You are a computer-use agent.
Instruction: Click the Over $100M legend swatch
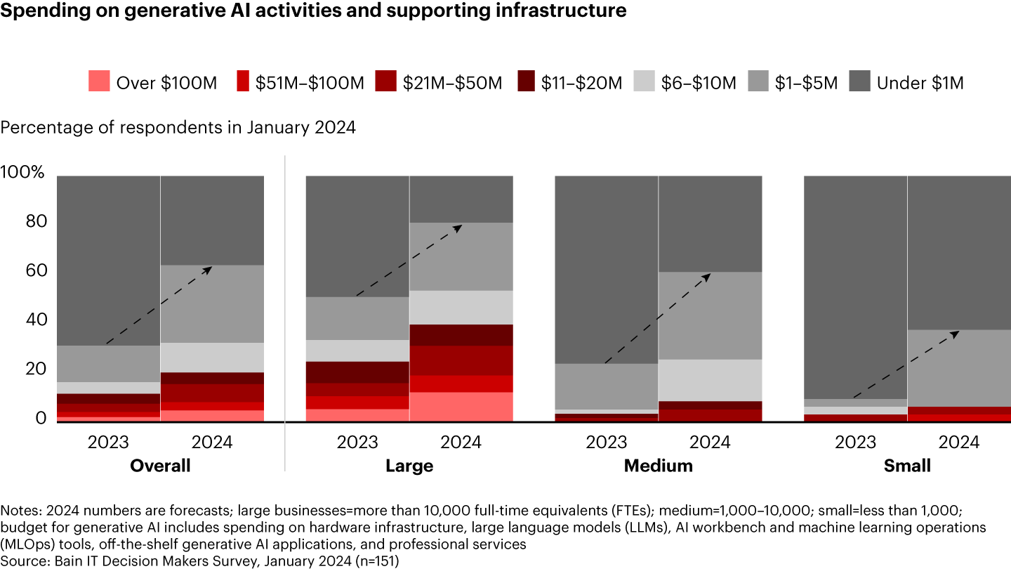[100, 83]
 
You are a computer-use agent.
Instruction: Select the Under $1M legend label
[920, 83]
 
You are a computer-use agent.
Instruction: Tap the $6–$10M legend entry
[698, 83]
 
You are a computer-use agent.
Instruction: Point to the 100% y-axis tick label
[23, 173]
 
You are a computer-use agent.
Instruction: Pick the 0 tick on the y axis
[41, 419]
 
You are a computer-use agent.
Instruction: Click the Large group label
[409, 466]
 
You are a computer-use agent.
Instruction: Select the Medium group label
[658, 466]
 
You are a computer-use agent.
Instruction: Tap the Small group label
[907, 466]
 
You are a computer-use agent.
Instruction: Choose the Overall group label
[160, 466]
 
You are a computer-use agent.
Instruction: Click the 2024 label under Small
[959, 443]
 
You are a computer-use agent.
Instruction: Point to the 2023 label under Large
[357, 443]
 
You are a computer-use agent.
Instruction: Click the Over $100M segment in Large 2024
[461, 407]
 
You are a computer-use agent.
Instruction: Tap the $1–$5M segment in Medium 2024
[710, 315]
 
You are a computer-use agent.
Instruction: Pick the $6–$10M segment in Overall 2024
[212, 358]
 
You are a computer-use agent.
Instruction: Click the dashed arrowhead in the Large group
[458, 227]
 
